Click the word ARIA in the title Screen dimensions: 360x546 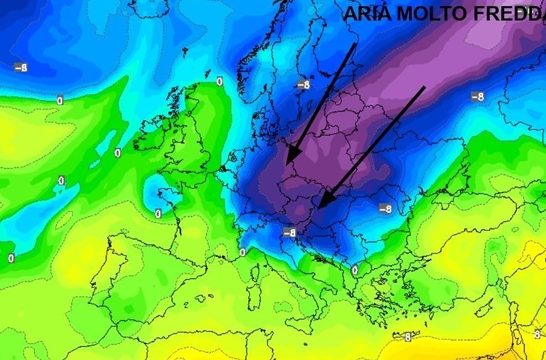point(366,14)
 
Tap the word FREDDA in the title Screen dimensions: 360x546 point(505,14)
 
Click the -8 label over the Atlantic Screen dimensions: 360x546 point(21,68)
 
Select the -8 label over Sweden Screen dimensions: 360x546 point(304,85)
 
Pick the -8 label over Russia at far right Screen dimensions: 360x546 point(477,97)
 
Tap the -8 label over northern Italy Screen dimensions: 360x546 point(289,233)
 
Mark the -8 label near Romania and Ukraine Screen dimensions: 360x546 point(385,209)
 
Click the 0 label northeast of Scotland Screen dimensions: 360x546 point(219,82)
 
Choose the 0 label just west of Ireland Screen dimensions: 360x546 point(117,153)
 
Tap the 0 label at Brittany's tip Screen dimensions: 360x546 point(158,213)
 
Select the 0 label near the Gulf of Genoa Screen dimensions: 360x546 point(242,253)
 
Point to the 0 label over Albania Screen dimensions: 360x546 point(354,270)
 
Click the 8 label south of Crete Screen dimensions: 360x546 point(408,337)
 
